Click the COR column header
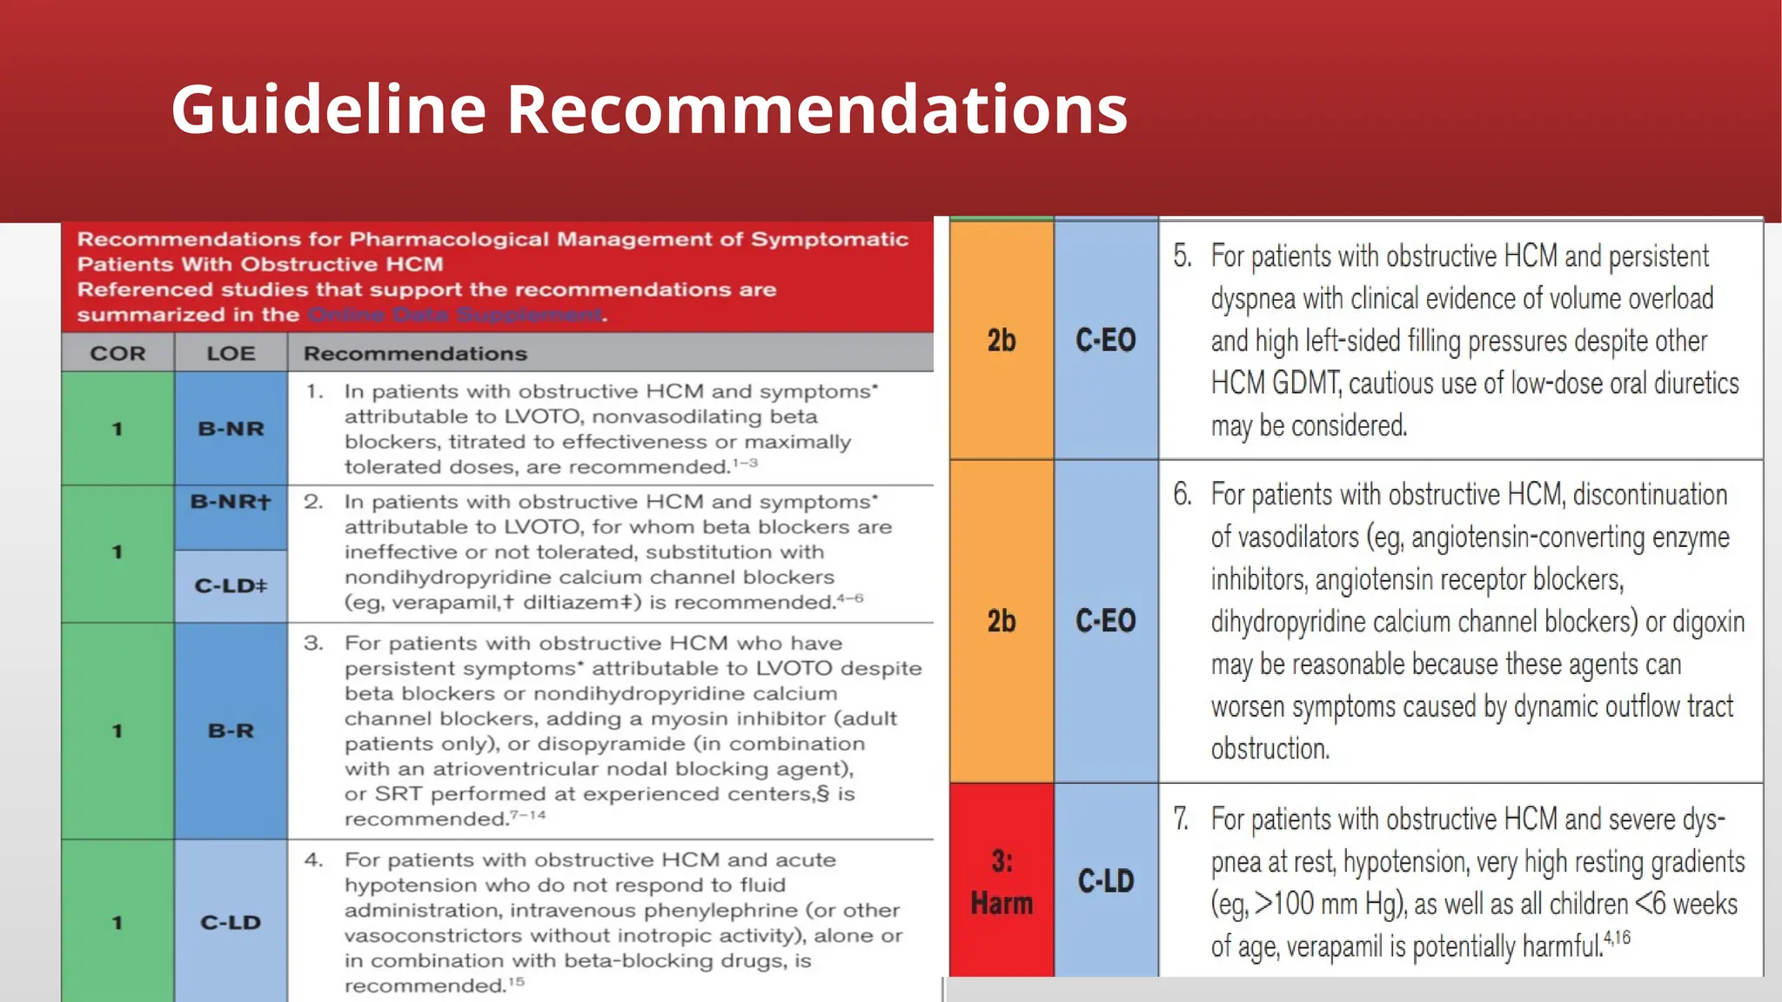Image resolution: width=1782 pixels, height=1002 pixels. coord(117,353)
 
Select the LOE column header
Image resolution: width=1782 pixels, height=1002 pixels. coord(231,353)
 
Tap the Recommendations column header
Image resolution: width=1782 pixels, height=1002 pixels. coord(415,353)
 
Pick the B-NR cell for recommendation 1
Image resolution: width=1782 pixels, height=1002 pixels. coord(231,429)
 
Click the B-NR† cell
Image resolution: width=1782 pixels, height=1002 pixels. coord(231,502)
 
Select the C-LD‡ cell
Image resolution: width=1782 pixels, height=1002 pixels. coord(231,585)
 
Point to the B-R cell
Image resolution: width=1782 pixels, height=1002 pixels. coord(231,731)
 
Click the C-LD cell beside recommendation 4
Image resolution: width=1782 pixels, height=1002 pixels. coord(231,922)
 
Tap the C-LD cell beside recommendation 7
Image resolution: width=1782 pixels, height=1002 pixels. coord(1106,881)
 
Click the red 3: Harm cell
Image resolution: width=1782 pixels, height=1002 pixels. coord(1002,881)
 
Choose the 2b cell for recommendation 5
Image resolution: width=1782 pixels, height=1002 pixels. coord(1002,340)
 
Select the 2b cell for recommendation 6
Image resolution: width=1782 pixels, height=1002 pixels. coord(1002,621)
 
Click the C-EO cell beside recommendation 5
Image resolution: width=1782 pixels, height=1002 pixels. coord(1106,340)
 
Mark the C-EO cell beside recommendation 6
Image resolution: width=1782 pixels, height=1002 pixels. coord(1106,621)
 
